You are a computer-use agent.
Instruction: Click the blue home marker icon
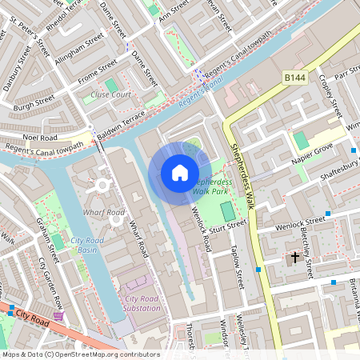point(179,173)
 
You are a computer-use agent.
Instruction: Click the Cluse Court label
point(110,94)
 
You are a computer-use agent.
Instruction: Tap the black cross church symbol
point(295,258)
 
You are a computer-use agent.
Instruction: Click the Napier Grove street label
point(311,155)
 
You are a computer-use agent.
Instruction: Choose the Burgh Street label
point(33,102)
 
